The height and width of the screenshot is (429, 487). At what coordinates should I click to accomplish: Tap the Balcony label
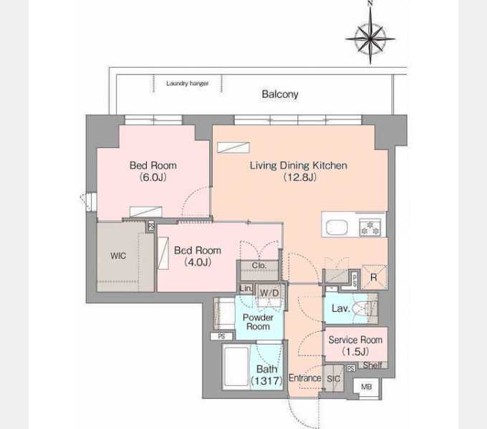point(280,94)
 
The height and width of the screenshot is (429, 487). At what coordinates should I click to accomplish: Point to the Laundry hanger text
point(188,84)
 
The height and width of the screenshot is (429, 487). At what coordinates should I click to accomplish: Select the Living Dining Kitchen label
point(299,165)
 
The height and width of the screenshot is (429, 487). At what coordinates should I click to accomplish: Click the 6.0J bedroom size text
point(153,177)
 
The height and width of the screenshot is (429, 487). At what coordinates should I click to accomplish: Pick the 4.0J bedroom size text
point(198,262)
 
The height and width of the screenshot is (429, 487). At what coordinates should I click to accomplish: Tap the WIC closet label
point(118,256)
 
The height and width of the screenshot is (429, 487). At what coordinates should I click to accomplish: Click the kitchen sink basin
point(337,227)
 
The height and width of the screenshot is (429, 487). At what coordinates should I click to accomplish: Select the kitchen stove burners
point(370,227)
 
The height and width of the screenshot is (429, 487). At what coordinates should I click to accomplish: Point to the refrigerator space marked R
point(374,277)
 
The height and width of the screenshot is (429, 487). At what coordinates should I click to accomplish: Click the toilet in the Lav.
point(364,308)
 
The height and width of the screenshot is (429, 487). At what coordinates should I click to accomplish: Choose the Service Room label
point(355,340)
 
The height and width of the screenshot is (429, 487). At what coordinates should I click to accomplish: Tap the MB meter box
point(367,387)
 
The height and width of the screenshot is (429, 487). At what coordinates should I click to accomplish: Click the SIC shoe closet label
point(333,379)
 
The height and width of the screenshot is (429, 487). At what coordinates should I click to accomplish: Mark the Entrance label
point(304,378)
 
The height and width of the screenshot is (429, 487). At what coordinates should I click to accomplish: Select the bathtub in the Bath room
point(236,367)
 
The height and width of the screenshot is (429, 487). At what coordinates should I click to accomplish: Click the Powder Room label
point(258,322)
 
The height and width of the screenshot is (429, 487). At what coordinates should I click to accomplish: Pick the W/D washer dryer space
point(269,293)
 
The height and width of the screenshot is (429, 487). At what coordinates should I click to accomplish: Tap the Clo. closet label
point(259,265)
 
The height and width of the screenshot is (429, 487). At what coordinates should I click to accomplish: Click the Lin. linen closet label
point(246,288)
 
